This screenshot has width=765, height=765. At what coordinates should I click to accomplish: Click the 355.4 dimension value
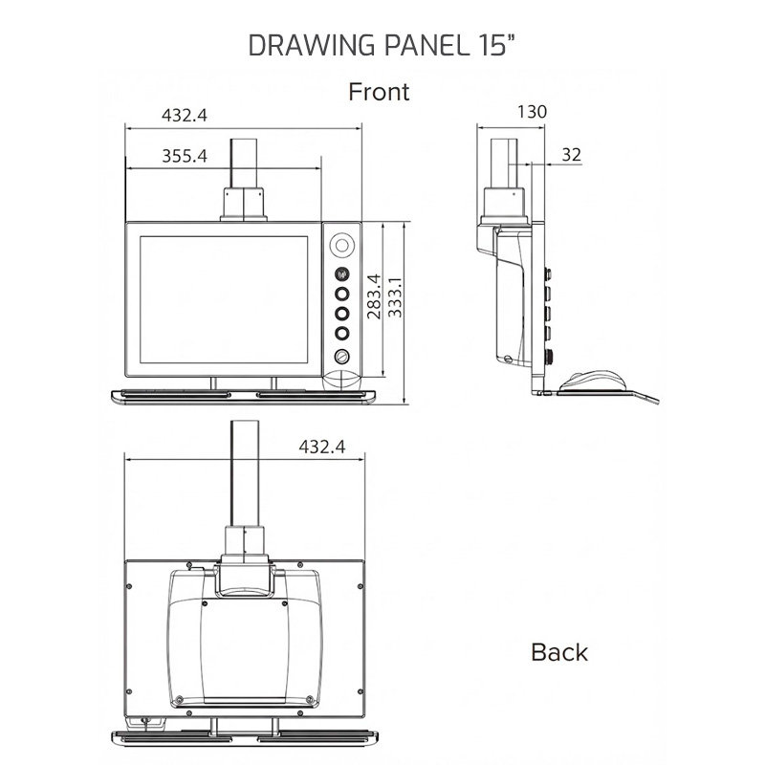tap(184, 156)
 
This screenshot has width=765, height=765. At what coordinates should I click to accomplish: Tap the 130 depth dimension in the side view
tap(532, 112)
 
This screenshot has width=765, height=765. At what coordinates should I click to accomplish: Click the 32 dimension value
tap(572, 154)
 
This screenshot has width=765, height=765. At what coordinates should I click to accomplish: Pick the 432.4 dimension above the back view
tap(321, 446)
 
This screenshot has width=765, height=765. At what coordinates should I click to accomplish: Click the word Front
tap(379, 92)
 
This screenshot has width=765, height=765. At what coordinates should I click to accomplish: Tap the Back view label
tap(559, 652)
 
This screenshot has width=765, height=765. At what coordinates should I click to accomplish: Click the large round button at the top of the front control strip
tap(341, 246)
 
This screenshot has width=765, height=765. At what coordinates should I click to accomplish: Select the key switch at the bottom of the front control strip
tap(341, 357)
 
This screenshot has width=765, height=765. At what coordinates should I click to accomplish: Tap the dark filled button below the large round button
tap(341, 275)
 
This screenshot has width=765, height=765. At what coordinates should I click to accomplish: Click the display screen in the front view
tap(226, 298)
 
